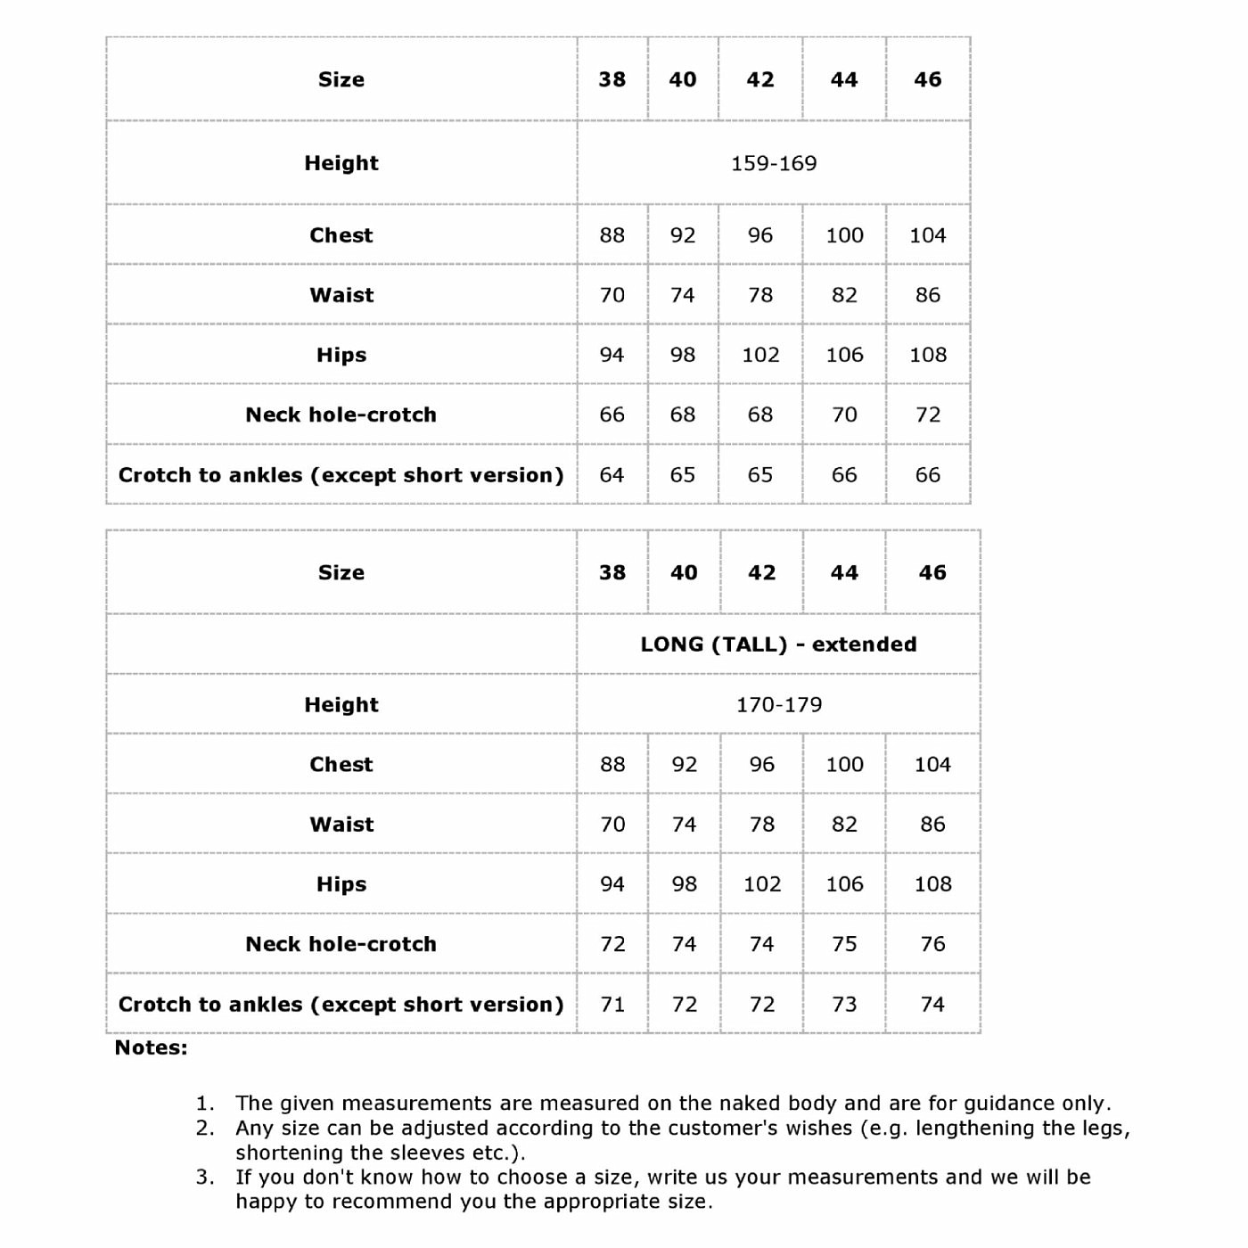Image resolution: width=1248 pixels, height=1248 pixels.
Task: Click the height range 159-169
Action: [x=773, y=163]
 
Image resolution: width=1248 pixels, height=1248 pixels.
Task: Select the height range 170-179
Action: [x=778, y=704]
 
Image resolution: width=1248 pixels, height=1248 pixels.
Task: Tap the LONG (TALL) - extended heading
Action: [x=778, y=645]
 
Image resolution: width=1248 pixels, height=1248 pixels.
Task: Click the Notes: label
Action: [x=151, y=1047]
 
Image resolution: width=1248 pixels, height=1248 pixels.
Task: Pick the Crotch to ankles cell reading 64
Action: [x=612, y=475]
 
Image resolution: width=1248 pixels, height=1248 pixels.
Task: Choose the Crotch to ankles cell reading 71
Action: [x=612, y=1005]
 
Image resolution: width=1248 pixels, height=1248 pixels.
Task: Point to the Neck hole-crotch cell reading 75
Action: [x=844, y=944]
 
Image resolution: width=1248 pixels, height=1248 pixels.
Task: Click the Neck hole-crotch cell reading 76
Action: [x=932, y=944]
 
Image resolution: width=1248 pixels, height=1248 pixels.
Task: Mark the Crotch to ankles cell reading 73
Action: [x=844, y=1005]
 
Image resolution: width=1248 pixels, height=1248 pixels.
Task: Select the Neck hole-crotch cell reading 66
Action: [x=612, y=415]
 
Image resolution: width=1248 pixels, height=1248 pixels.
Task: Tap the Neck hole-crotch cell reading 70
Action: [x=844, y=415]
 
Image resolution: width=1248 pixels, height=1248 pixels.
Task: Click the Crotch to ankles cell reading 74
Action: [x=932, y=1005]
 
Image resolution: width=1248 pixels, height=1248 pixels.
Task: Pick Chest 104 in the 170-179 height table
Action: [x=932, y=764]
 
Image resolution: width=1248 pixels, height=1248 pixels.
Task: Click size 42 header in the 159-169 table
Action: [x=760, y=79]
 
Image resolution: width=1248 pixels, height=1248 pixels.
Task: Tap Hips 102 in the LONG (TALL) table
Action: [x=762, y=884]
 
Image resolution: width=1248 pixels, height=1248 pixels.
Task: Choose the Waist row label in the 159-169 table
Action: [x=341, y=295]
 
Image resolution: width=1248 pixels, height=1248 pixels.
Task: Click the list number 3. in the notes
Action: [x=205, y=1177]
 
